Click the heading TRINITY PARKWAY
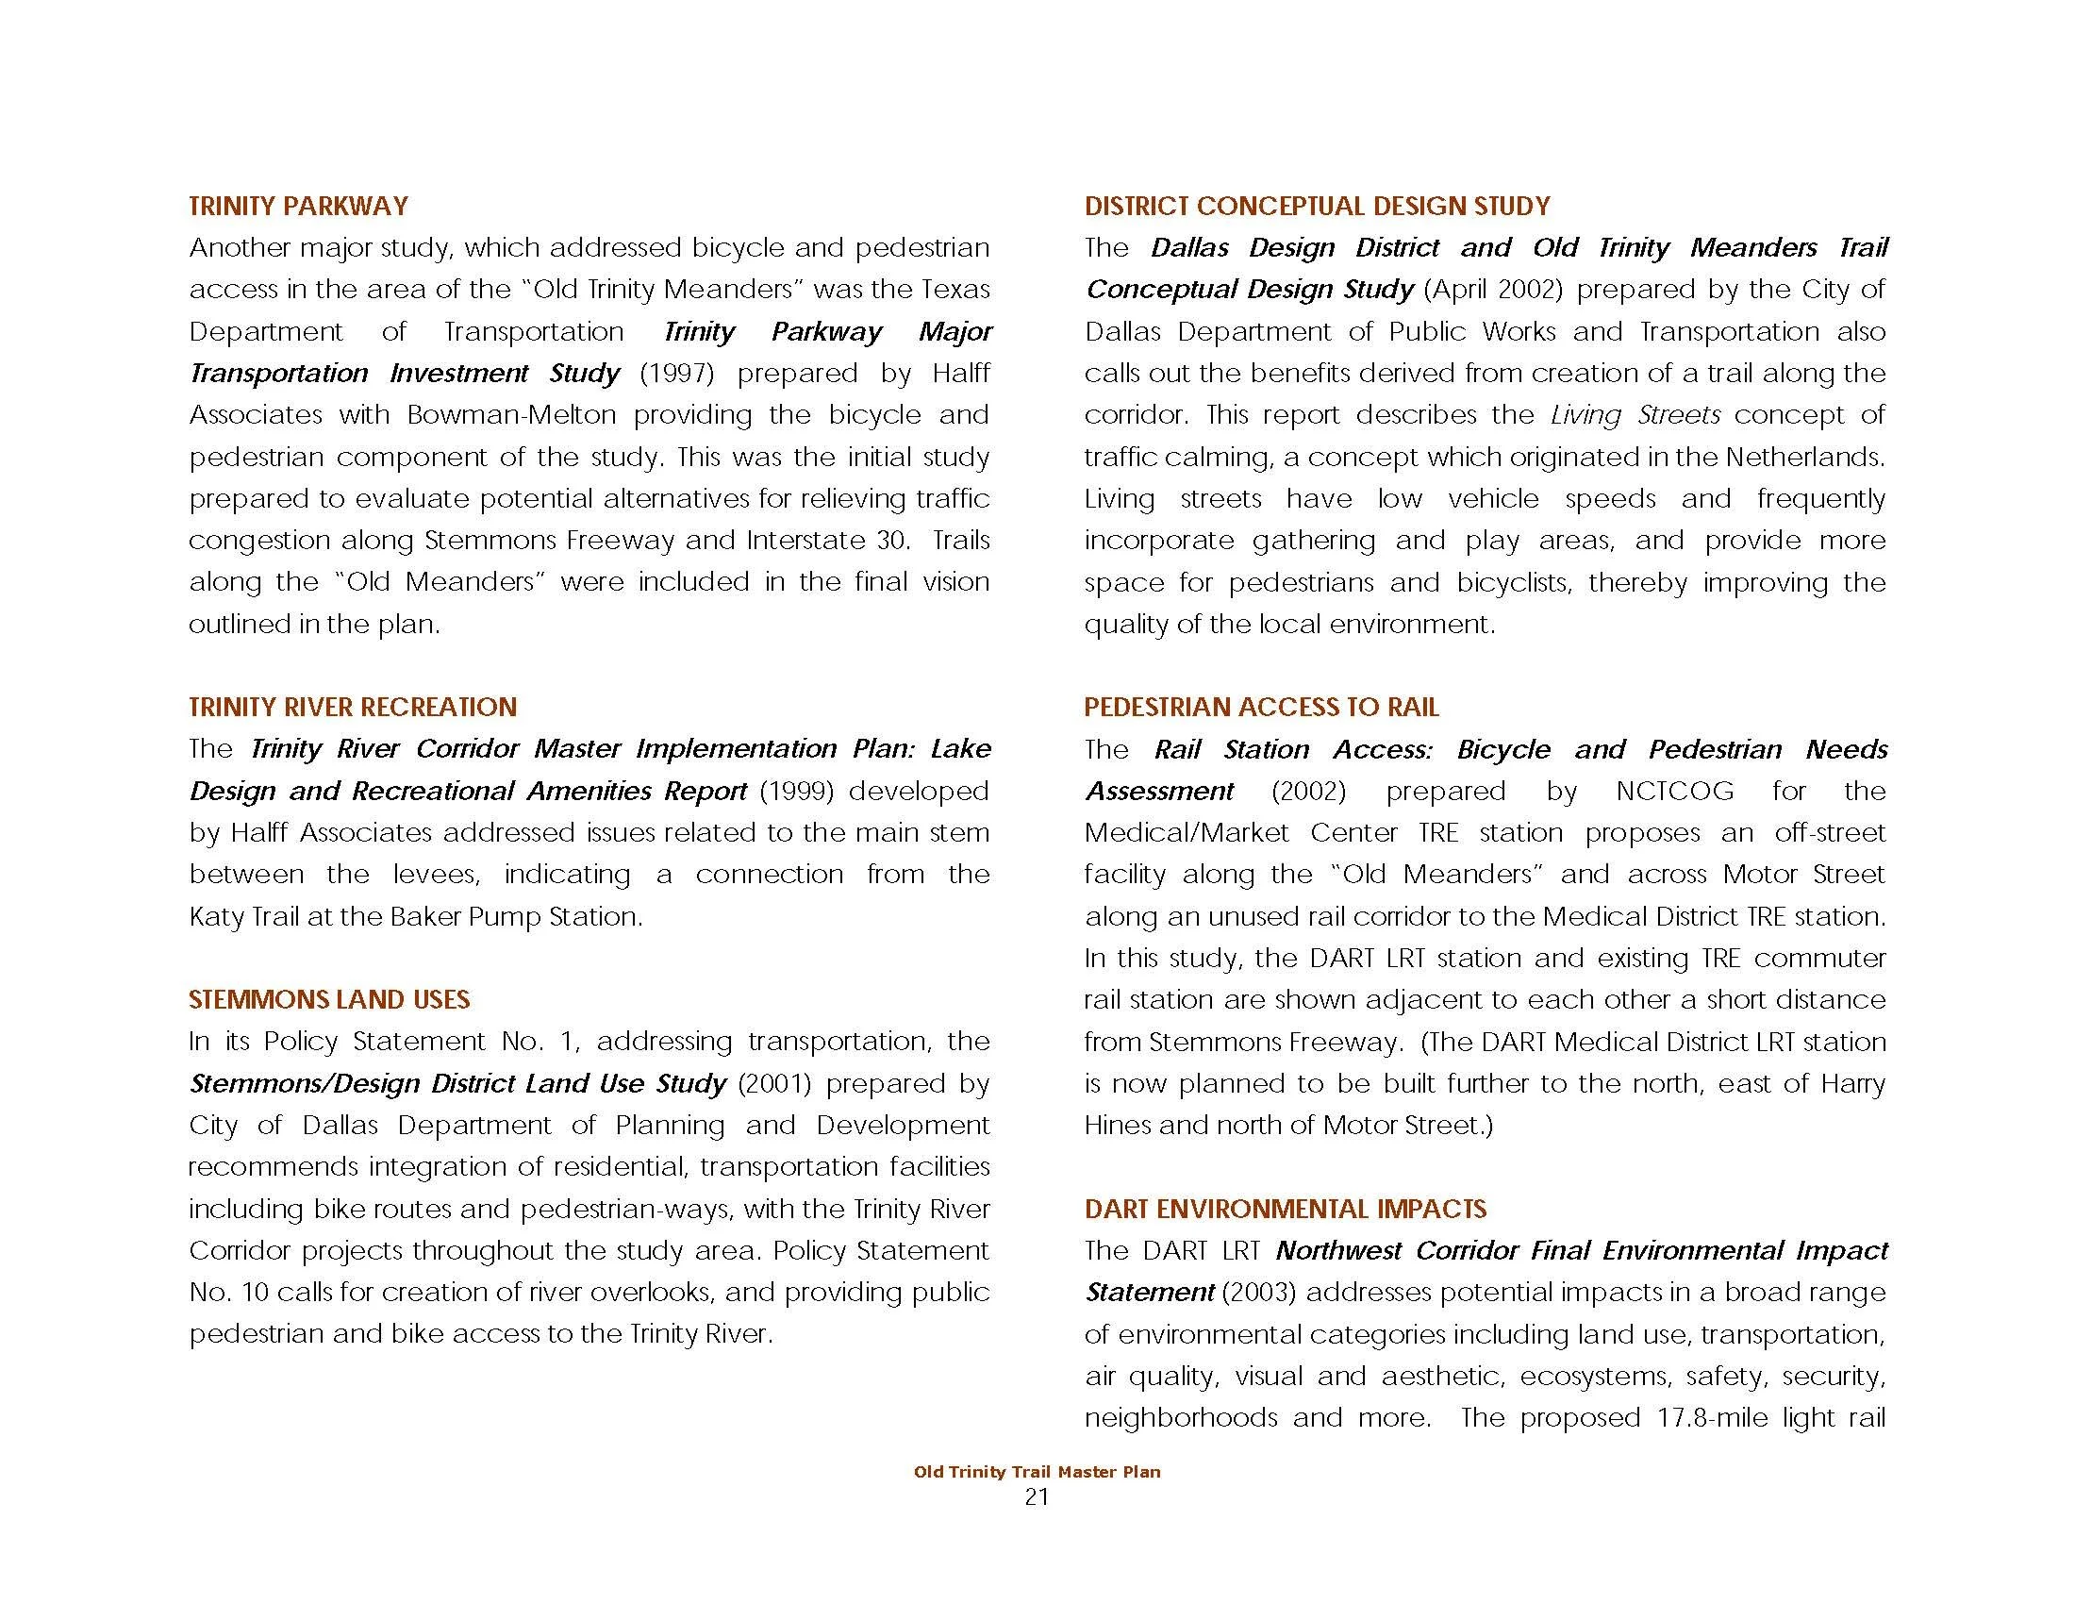[x=298, y=207]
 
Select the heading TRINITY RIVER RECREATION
[x=353, y=707]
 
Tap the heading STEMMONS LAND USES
[x=329, y=999]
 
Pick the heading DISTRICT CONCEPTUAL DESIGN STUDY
[x=1317, y=207]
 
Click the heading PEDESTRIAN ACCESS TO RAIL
[x=1261, y=707]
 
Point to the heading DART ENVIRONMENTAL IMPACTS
[x=1285, y=1209]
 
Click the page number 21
[x=1037, y=1497]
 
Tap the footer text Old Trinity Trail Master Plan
[x=1037, y=1472]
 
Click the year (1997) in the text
[x=676, y=374]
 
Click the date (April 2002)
[x=1493, y=290]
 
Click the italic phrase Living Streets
[x=1635, y=415]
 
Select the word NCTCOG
[x=1674, y=791]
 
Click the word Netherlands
[x=1804, y=457]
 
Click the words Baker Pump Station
[x=516, y=917]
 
